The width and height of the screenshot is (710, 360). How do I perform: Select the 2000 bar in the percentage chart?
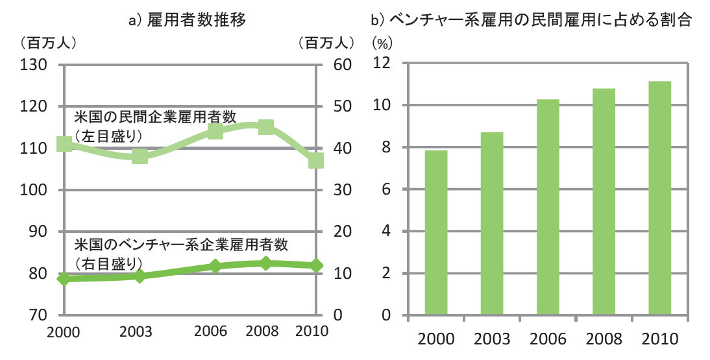(x=435, y=233)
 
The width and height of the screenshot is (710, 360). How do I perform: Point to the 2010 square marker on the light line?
(x=316, y=160)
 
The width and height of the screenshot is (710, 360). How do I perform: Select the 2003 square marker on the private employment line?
(x=140, y=156)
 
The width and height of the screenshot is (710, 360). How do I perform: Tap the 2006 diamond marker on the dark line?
(x=215, y=266)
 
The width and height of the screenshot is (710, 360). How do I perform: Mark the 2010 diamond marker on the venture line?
(x=316, y=265)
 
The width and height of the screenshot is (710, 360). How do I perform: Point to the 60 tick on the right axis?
(x=342, y=65)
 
